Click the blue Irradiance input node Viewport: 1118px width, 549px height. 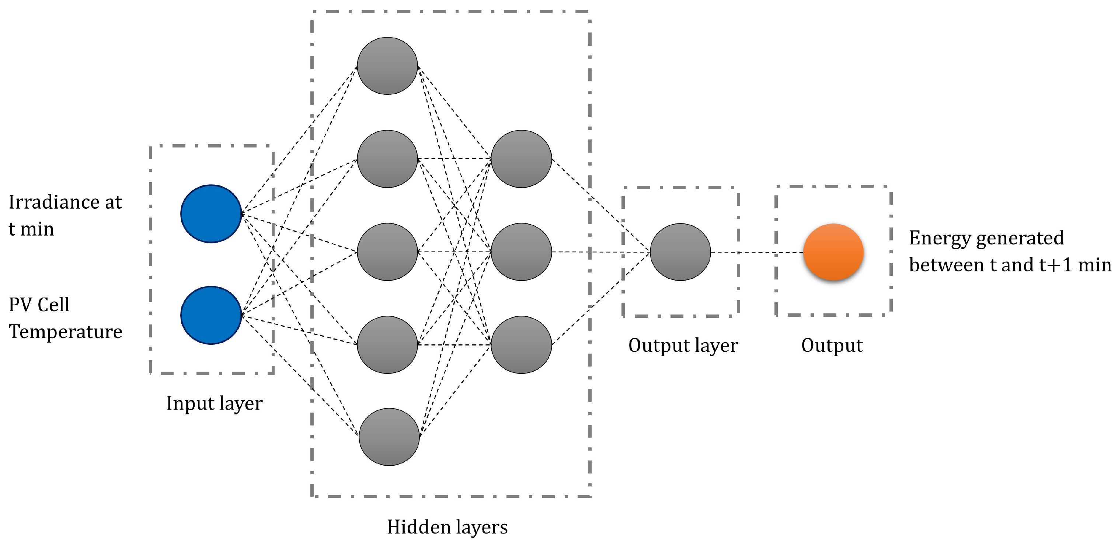[x=211, y=213]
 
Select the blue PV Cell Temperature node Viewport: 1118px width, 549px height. [x=211, y=315]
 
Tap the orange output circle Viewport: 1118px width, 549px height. [x=833, y=252]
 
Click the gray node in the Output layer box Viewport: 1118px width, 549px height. [x=680, y=252]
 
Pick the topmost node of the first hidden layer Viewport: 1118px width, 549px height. [x=387, y=66]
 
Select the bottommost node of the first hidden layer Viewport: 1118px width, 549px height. [x=389, y=437]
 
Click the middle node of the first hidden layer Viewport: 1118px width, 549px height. [x=387, y=252]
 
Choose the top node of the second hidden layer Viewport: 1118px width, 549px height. [x=521, y=159]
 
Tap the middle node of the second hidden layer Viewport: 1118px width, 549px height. [x=521, y=252]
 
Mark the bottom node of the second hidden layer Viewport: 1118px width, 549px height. [x=521, y=345]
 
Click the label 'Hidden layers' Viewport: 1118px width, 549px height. [x=447, y=527]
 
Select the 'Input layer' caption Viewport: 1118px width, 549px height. [x=215, y=403]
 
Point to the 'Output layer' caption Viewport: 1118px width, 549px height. [x=683, y=346]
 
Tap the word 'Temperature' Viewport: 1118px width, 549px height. [x=66, y=331]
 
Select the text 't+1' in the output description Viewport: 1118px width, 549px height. [x=1055, y=265]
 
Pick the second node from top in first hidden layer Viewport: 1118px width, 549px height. [x=387, y=159]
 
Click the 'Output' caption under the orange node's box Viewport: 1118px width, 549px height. [x=832, y=346]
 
